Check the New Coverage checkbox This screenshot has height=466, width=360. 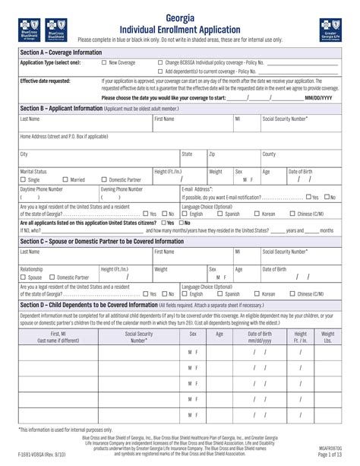pos(104,63)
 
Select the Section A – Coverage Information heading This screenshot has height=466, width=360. pos(60,52)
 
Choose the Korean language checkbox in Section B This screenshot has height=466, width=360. pos(257,214)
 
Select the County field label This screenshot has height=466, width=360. pos(270,154)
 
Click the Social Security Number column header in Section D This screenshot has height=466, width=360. pos(139,337)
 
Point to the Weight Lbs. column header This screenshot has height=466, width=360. pos(327,337)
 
